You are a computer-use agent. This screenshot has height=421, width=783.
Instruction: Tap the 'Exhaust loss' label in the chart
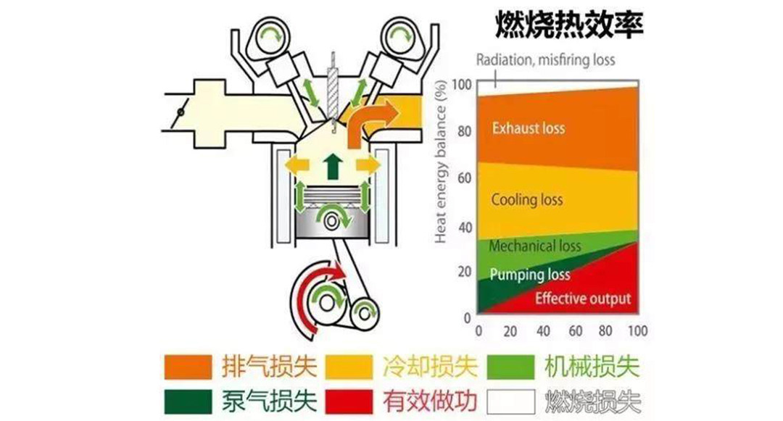[529, 128]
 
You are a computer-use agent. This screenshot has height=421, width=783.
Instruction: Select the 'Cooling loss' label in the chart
[527, 199]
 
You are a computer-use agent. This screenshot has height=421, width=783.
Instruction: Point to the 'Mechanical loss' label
[534, 246]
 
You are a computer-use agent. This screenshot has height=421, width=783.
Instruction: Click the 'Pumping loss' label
[530, 275]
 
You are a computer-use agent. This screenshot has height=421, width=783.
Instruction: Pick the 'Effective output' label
[582, 299]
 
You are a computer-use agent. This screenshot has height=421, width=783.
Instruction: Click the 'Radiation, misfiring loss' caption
[545, 60]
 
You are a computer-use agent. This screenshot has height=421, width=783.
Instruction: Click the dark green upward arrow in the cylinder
[333, 165]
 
